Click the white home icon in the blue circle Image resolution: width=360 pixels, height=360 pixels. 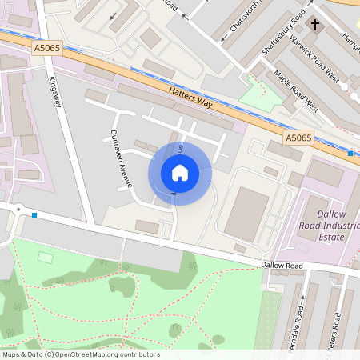pyautogui.click(x=180, y=173)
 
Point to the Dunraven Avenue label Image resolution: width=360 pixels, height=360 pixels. pyautogui.click(x=122, y=158)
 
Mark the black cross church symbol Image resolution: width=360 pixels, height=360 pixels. pyautogui.click(x=314, y=26)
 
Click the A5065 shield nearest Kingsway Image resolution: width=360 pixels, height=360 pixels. pyautogui.click(x=46, y=49)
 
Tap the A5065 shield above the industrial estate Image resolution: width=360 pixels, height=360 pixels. pyautogui.click(x=300, y=137)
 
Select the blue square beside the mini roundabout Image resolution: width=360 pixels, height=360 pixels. pyautogui.click(x=34, y=214)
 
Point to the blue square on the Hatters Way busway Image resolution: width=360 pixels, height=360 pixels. pyautogui.click(x=350, y=153)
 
